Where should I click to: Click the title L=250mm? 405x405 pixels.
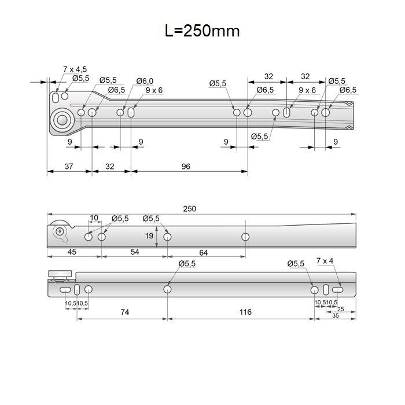pos(203,31)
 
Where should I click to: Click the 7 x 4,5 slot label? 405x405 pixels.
pos(75,69)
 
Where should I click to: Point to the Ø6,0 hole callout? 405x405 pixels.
pos(145,81)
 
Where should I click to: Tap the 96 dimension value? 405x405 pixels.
pos(186,167)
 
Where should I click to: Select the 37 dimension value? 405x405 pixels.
pos(69,167)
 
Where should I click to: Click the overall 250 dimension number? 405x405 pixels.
pos(189,209)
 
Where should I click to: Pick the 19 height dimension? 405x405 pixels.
pos(149,235)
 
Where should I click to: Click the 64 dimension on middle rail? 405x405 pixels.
pos(203,253)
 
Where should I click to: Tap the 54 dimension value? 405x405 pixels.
pos(135,252)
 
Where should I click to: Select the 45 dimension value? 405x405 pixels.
pos(72,252)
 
